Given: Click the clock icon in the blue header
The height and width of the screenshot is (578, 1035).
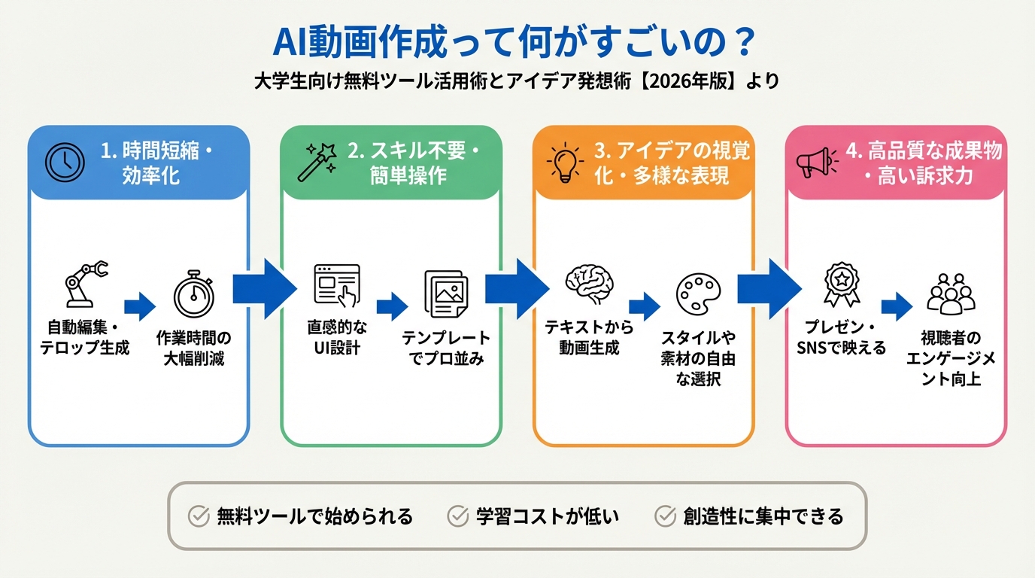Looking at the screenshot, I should [65, 161].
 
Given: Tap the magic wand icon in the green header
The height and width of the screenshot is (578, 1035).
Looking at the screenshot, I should [317, 161].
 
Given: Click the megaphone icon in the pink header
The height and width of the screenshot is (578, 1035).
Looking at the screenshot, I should [817, 161].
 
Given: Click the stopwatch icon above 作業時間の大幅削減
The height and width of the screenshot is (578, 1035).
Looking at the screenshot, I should [193, 293].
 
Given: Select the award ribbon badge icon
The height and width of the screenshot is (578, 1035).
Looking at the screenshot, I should [841, 284].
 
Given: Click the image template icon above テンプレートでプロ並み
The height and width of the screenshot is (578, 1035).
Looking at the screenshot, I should [445, 293].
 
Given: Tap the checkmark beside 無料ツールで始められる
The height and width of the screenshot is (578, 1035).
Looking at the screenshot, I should [198, 516].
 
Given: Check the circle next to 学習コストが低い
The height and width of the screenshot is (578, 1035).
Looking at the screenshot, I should [457, 516].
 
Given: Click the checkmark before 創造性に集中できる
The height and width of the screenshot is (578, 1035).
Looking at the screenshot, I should [665, 516].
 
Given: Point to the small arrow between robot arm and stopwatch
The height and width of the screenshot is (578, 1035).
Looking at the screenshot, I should [139, 306].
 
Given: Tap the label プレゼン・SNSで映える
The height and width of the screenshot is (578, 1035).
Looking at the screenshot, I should [841, 339].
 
